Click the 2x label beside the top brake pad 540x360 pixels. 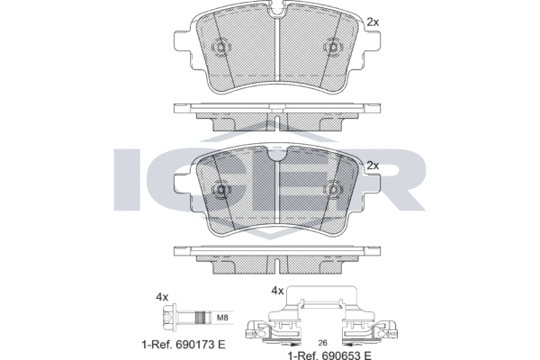pos(373,22)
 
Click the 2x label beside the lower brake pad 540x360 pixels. pos(373,166)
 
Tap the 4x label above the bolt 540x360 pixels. pos(162,297)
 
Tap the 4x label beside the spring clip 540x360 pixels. pos(277,291)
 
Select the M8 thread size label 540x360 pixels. pos(222,318)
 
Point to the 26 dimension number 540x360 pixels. pos(323,342)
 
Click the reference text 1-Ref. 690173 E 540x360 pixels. pos(184,344)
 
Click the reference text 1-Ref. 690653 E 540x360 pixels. pos(329,355)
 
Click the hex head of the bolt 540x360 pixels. pos(168,318)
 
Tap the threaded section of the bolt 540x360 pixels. pos(202,318)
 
